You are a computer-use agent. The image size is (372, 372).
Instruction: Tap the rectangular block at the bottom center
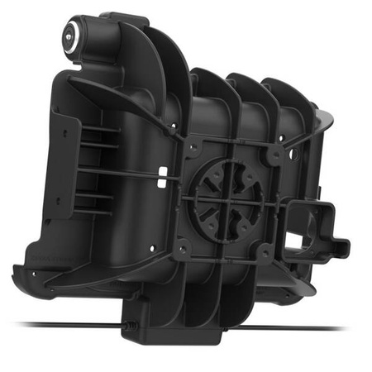pos(174,331)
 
